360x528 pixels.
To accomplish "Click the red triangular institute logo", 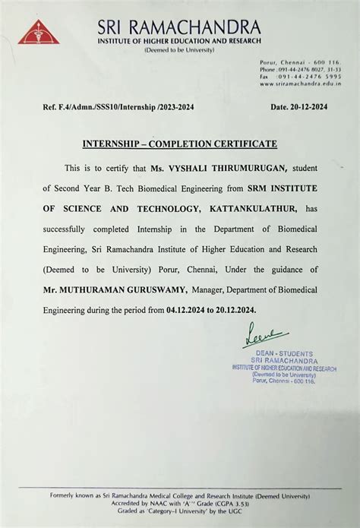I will [33, 32].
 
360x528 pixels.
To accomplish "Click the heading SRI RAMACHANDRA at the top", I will [178, 28].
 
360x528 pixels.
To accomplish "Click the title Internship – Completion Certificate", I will [179, 144].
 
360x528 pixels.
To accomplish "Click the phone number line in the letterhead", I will [300, 69].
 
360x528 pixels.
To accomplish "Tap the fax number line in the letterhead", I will [300, 77].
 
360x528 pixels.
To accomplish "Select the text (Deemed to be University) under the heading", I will [179, 50].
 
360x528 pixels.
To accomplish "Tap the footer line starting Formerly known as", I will [180, 495].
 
